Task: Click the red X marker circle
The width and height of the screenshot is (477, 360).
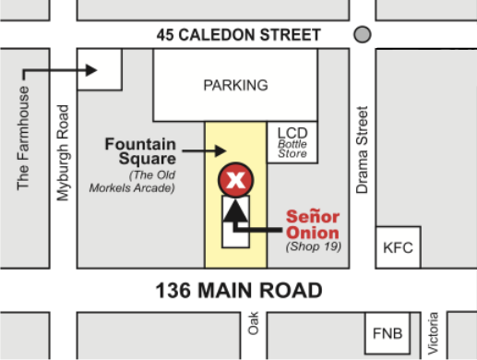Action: pos(235,180)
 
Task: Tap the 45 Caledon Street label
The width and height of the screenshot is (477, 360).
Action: pos(238,36)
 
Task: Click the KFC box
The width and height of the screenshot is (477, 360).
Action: pos(399,248)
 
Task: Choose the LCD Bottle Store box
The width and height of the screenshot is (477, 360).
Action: pos(292,141)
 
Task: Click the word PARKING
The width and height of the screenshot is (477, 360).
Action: pos(235,86)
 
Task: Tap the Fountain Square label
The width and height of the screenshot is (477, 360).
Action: pos(140,151)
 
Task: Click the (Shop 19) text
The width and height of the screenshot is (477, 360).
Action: pos(314,246)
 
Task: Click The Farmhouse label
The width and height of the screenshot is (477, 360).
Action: pos(24,138)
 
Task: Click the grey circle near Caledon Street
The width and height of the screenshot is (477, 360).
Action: pos(363,35)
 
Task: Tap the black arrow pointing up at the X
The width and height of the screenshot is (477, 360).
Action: pos(235,212)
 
